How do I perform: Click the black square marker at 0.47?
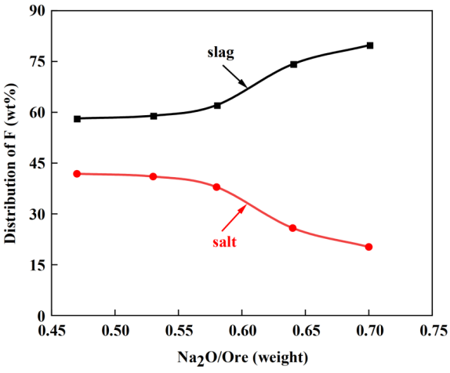[77, 119]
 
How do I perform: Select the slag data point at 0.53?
[154, 116]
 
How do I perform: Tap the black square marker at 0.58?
[217, 106]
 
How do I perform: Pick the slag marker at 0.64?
[293, 64]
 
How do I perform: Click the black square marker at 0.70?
[370, 45]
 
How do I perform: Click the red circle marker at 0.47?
[77, 174]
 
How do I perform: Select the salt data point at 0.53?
[153, 176]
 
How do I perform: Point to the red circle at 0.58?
[216, 187]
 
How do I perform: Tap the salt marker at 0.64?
[292, 228]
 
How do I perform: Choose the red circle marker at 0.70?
[368, 247]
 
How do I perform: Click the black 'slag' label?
[221, 53]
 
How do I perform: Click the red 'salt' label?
[224, 242]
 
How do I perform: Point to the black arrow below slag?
[234, 76]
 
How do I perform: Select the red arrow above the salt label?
[234, 218]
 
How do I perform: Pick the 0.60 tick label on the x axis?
[242, 331]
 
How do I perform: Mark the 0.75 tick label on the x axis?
[434, 331]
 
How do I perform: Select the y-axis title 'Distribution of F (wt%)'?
[10, 164]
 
